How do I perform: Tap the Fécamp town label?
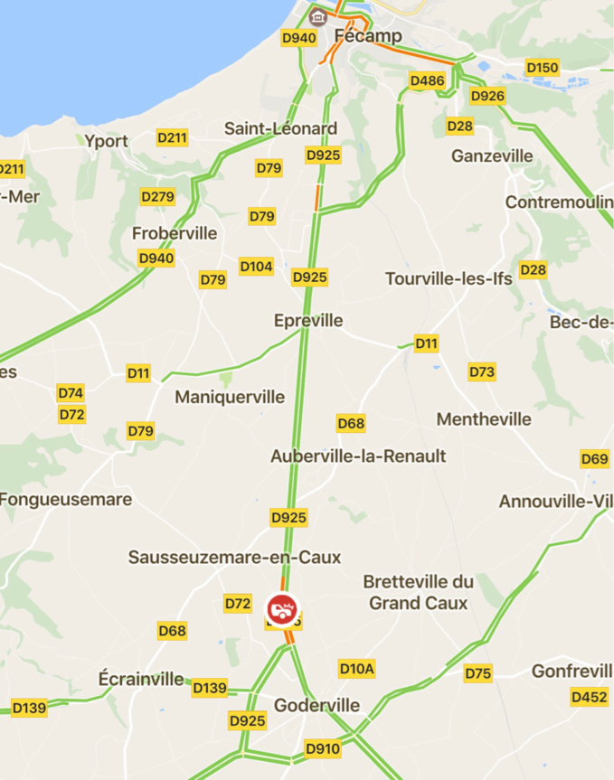(x=368, y=36)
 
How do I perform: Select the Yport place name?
(x=107, y=141)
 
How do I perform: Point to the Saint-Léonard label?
(x=280, y=128)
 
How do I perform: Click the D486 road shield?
(x=427, y=81)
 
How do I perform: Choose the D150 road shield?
(x=543, y=68)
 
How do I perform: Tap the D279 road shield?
(x=158, y=196)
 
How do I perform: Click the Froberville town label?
(x=175, y=233)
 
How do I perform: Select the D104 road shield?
(x=256, y=267)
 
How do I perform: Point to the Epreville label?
(x=308, y=321)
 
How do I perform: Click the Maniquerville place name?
(x=230, y=397)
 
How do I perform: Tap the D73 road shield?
(x=482, y=371)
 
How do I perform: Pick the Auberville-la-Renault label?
(x=358, y=456)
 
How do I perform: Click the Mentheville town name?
(x=484, y=419)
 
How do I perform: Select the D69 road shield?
(x=594, y=459)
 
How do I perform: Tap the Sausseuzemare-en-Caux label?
(x=234, y=557)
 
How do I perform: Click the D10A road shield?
(x=356, y=669)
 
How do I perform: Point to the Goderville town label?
(x=316, y=705)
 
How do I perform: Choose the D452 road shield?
(x=589, y=697)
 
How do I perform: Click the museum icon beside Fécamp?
(x=317, y=16)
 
